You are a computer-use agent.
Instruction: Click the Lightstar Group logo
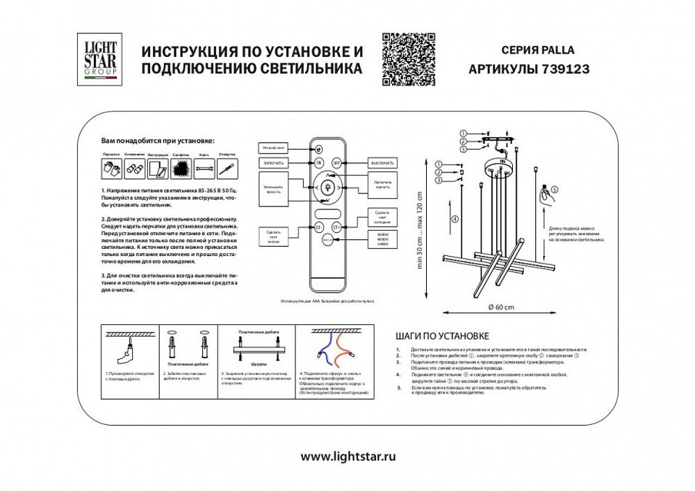pyautogui.click(x=101, y=59)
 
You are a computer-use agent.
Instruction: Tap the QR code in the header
pyautogui.click(x=409, y=59)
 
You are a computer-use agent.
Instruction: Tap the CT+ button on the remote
pyautogui.click(x=337, y=227)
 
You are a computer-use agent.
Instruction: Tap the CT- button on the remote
pyautogui.click(x=319, y=227)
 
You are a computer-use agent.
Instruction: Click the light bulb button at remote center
pyautogui.click(x=327, y=186)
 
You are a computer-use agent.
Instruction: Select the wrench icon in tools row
pyautogui.click(x=204, y=168)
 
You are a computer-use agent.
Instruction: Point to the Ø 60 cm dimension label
pyautogui.click(x=501, y=307)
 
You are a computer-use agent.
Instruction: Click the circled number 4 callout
pyautogui.click(x=455, y=218)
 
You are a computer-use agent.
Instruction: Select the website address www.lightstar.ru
pyautogui.click(x=347, y=456)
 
